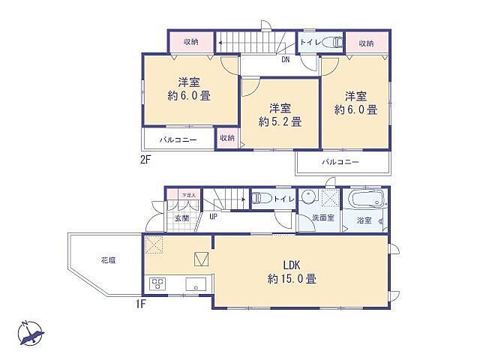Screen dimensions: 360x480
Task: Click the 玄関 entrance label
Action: [x=182, y=218]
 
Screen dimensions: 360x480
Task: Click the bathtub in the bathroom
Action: [x=364, y=199]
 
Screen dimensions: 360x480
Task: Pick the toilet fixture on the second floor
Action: [x=334, y=43]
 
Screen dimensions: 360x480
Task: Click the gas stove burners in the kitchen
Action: [x=159, y=283]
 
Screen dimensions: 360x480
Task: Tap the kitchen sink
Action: [x=196, y=283]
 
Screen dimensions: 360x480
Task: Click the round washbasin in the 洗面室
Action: [x=309, y=197]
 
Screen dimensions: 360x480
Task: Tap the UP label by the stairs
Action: [x=214, y=217]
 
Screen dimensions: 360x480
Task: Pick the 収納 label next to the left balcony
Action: [x=226, y=139]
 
